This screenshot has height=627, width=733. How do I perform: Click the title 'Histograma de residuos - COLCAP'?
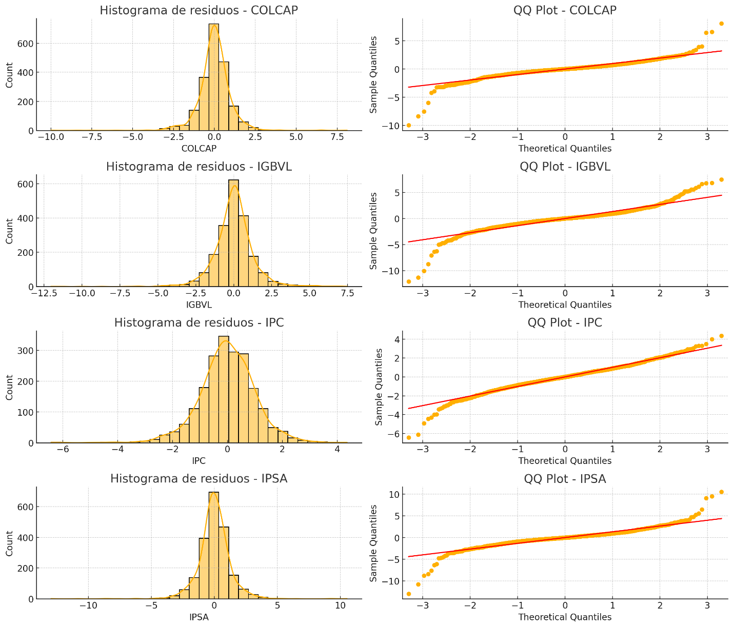point(199,10)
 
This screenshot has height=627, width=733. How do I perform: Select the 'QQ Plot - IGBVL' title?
point(565,167)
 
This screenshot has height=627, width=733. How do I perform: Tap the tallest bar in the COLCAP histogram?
point(214,77)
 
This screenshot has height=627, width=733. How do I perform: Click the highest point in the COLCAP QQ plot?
point(721,24)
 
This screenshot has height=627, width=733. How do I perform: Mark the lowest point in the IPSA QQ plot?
point(408,594)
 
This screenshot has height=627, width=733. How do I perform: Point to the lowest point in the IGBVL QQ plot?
point(408,281)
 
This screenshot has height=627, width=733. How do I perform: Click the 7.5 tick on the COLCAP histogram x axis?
point(337,137)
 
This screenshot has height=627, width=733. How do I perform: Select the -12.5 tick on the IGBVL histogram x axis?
point(45,293)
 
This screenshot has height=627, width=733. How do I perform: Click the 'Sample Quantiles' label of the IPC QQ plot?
point(379,387)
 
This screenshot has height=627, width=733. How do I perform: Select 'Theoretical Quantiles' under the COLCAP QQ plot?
point(565,149)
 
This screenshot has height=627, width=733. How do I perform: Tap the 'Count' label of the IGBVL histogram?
point(9,231)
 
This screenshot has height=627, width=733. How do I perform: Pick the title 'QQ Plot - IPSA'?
point(565,479)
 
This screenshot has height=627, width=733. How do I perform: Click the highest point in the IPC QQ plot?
point(721,336)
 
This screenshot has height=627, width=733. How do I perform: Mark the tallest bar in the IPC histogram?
point(224,390)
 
